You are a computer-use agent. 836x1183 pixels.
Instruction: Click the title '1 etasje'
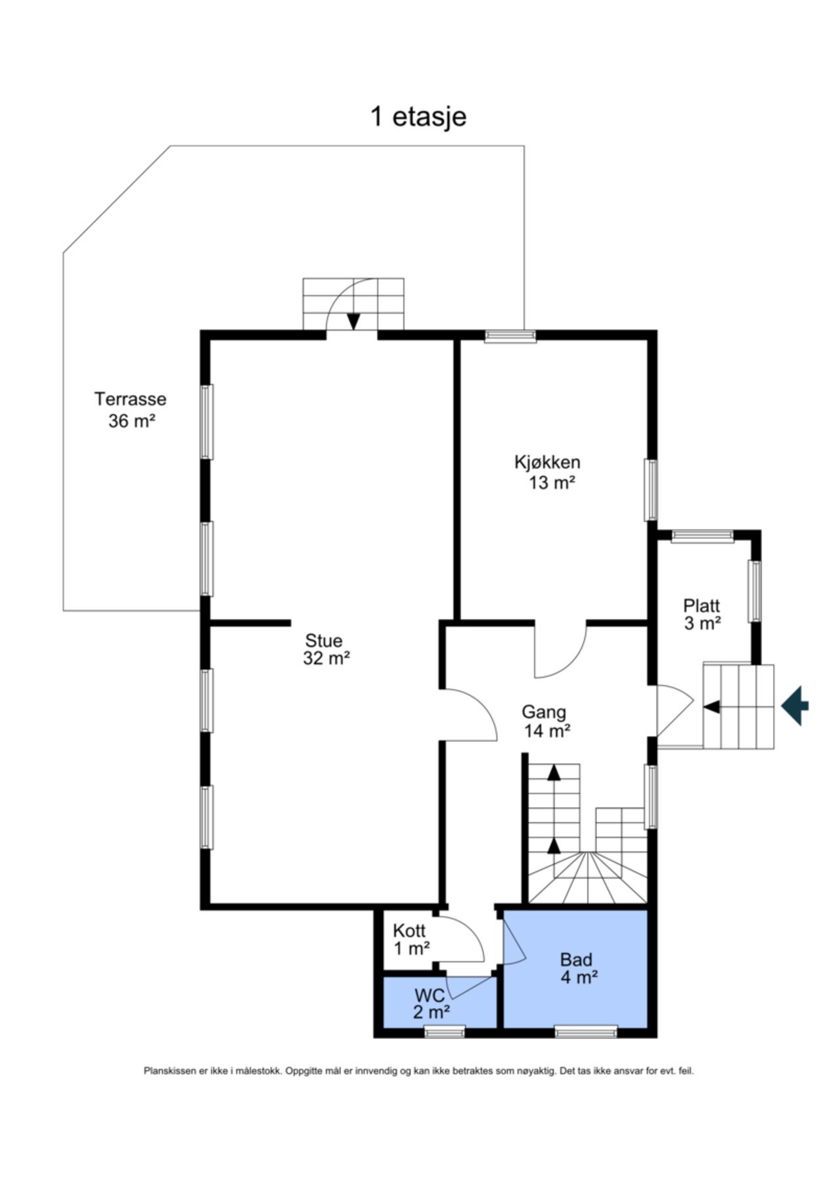418,116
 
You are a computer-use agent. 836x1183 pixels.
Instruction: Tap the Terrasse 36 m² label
131,409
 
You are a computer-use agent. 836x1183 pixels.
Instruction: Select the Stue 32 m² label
325,649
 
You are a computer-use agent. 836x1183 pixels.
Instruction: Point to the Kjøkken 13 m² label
548,472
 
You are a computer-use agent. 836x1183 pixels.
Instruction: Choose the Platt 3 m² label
702,614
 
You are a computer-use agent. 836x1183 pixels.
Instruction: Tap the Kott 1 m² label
410,939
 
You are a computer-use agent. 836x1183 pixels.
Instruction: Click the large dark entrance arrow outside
795,706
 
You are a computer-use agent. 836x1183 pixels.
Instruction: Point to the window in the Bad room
586,1032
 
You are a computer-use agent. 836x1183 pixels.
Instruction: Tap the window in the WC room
445,1032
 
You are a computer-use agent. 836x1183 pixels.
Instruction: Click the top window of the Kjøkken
510,336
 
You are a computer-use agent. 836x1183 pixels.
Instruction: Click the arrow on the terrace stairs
353,320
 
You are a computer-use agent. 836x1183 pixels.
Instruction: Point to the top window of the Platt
702,536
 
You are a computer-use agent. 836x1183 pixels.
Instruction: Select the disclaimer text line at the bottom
418,1071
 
